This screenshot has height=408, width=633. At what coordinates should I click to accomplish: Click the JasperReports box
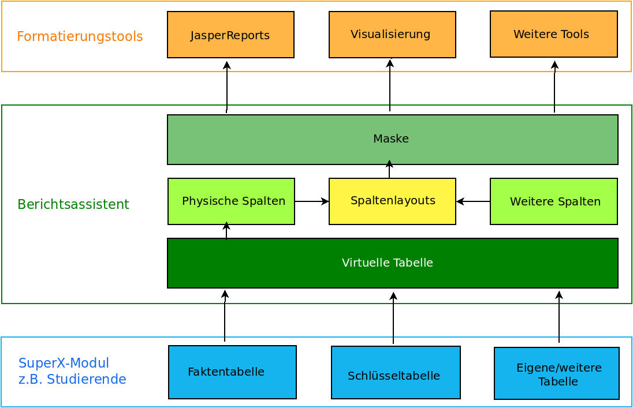point(230,35)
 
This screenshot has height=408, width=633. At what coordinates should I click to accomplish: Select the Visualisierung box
point(392,35)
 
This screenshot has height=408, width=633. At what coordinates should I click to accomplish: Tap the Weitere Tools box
point(553,34)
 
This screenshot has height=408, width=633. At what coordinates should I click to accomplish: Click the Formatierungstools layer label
point(80,37)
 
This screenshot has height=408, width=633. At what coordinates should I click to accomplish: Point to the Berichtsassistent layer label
point(73,204)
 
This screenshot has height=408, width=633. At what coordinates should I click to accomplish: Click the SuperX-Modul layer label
point(72,371)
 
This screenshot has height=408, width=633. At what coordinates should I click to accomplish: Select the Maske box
point(392,139)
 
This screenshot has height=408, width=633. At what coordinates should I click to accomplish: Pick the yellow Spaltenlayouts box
point(392,201)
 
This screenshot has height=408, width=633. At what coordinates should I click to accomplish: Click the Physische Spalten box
point(231,201)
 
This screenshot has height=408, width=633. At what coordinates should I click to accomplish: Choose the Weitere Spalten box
point(553,201)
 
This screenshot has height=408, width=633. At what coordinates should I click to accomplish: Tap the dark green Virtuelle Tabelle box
point(392,263)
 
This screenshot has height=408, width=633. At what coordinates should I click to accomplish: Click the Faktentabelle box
point(232,372)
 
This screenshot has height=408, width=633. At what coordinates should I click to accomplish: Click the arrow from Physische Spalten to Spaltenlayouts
point(312,201)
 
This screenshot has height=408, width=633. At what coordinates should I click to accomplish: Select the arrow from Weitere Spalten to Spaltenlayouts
point(473,201)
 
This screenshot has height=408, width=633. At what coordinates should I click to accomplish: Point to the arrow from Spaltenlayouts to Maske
point(389,170)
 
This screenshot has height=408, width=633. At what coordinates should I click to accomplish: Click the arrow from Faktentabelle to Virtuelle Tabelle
point(225,316)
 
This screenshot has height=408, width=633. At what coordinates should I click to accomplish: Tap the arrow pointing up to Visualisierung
point(390,85)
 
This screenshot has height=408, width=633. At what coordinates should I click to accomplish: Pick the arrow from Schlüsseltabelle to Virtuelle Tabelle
point(393,318)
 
